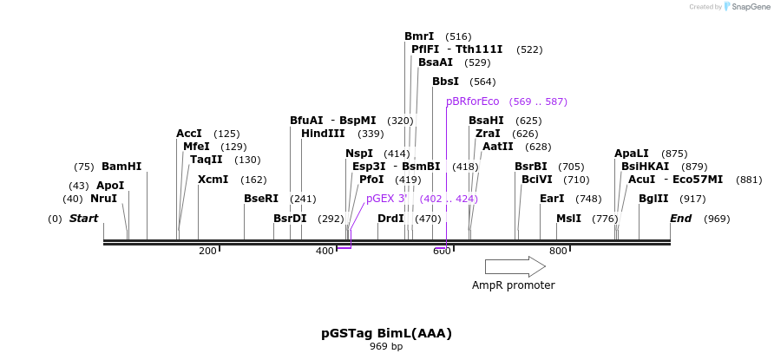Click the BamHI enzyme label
121,167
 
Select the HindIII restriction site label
323,134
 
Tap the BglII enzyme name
653,199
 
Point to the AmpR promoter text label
513,285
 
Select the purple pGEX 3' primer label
387,199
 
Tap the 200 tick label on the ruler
207,252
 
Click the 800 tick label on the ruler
558,252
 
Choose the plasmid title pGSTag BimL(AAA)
386,333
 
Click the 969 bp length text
386,347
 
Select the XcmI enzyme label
213,180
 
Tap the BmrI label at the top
419,36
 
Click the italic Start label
83,219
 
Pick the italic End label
680,219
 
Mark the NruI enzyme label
103,199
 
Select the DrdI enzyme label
390,219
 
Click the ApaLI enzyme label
632,154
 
